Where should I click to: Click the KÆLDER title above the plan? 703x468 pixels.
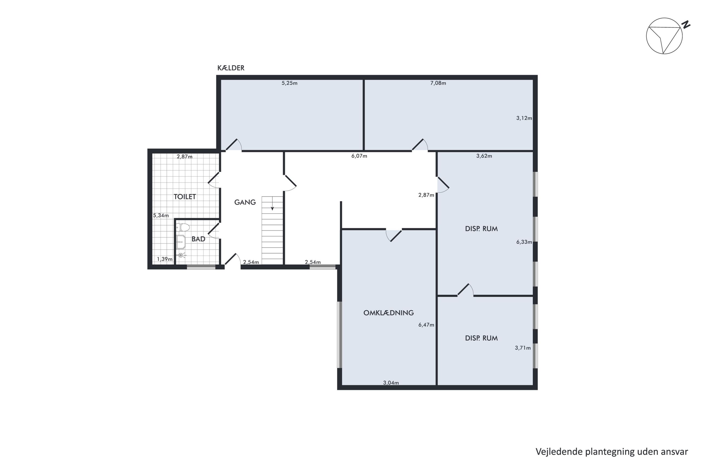click(x=231, y=68)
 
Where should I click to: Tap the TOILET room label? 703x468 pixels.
click(x=185, y=197)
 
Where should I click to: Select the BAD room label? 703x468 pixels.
click(x=198, y=239)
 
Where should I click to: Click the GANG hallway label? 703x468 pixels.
click(x=245, y=202)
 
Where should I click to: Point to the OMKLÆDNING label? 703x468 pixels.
click(x=388, y=313)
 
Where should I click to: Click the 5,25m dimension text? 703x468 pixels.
click(x=290, y=83)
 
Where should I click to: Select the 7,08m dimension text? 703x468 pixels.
click(x=438, y=83)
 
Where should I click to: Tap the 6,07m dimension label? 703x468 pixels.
click(x=359, y=156)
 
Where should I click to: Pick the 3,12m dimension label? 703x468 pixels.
click(x=524, y=118)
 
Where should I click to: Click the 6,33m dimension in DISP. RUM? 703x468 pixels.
click(x=524, y=242)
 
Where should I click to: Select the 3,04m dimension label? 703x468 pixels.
click(x=391, y=383)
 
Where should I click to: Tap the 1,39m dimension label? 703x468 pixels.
click(x=165, y=259)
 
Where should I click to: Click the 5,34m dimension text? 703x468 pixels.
click(x=161, y=216)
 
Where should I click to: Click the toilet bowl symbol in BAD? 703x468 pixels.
click(x=183, y=227)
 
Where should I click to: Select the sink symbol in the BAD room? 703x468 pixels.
click(x=181, y=242)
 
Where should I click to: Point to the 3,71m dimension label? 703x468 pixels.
click(x=523, y=348)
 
